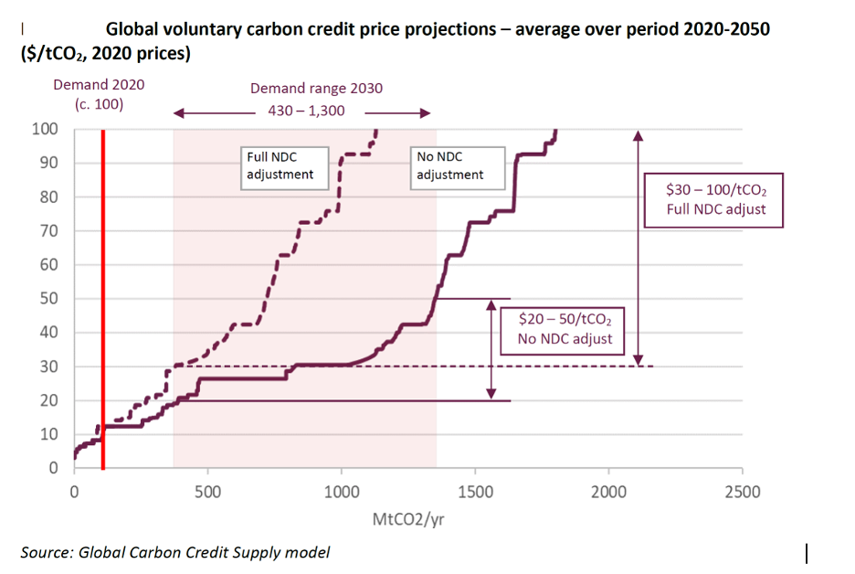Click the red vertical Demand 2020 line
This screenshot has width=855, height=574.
102,302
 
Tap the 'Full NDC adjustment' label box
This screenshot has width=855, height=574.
284,165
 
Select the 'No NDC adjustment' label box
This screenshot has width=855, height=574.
454,165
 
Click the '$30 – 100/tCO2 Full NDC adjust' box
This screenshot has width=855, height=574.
716,202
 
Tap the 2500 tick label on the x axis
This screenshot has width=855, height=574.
742,493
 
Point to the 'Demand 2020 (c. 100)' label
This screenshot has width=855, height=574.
99,94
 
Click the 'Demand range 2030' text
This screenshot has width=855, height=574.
316,89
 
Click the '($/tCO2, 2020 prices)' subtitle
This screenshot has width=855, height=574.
105,54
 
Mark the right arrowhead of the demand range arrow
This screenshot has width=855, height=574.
425,113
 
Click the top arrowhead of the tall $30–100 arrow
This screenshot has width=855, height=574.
638,134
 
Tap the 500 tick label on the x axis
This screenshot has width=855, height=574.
207,493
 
